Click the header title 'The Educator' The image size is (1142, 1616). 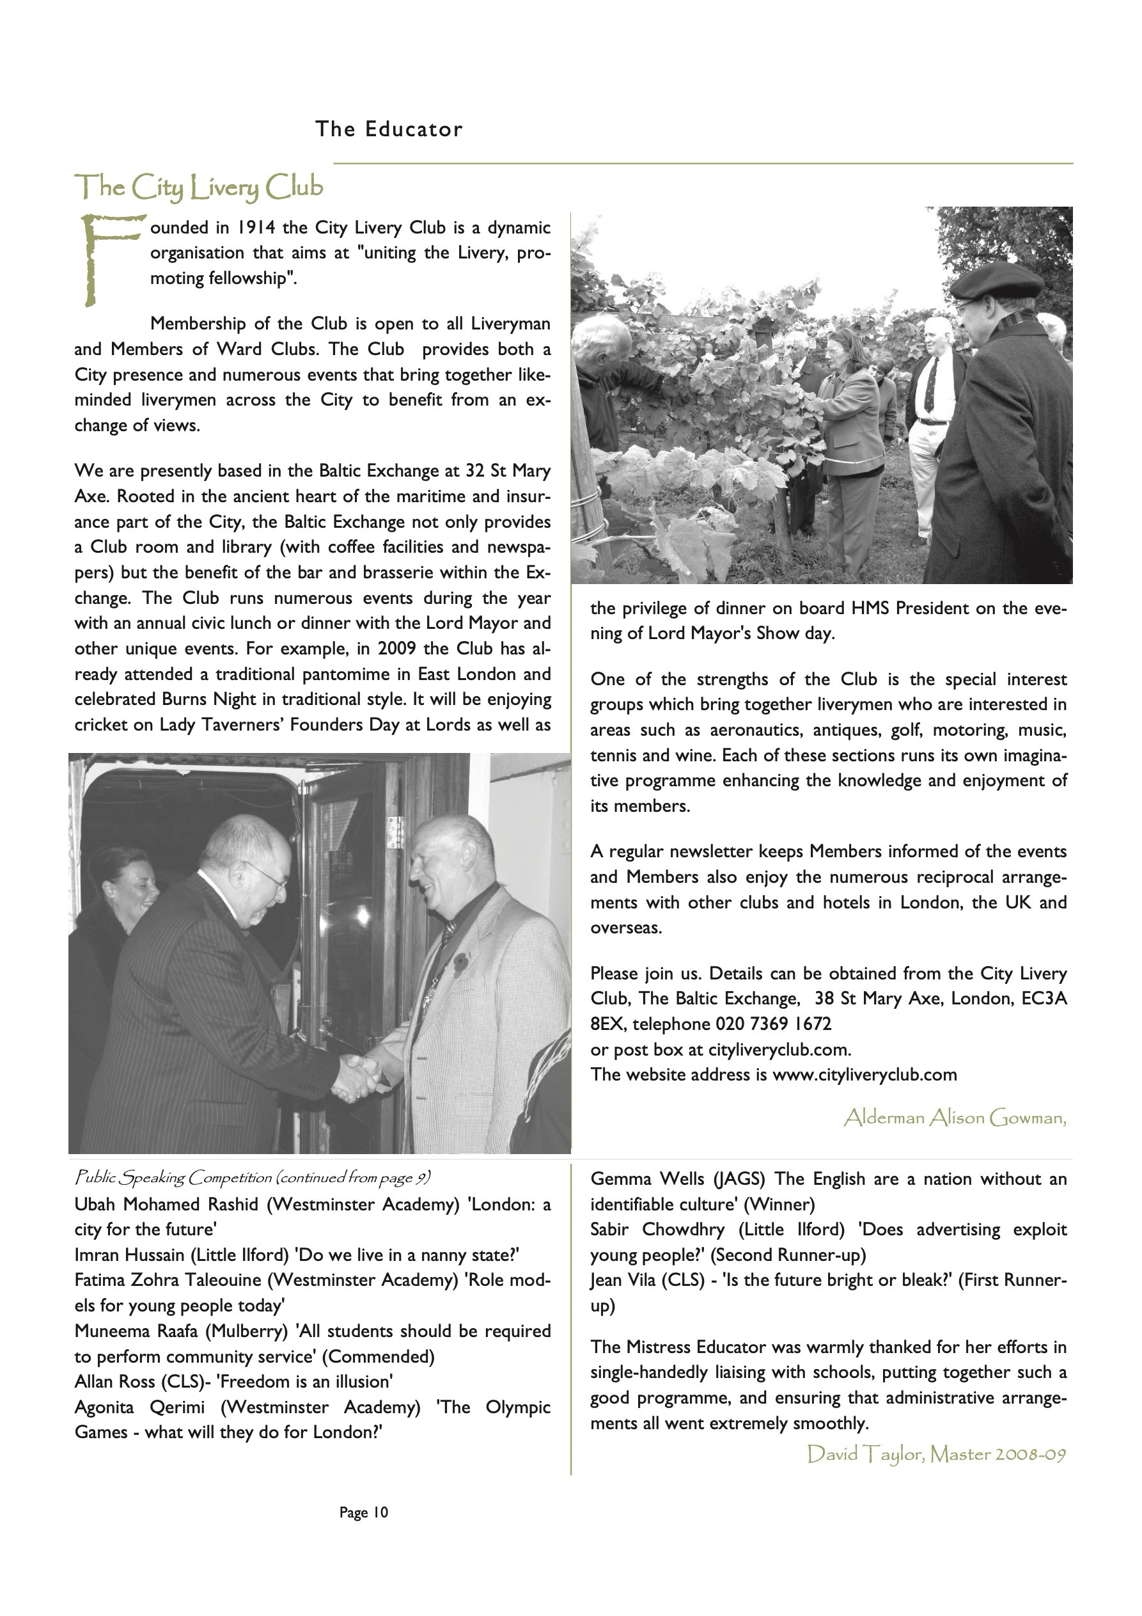388,129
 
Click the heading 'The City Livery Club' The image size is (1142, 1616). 199,187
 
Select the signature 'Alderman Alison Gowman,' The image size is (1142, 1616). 955,1118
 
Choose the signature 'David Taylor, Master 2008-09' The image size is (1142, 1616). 936,1454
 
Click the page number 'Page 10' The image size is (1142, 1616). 364,1512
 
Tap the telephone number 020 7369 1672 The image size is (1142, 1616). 773,1024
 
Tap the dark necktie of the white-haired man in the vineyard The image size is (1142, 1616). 930,386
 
